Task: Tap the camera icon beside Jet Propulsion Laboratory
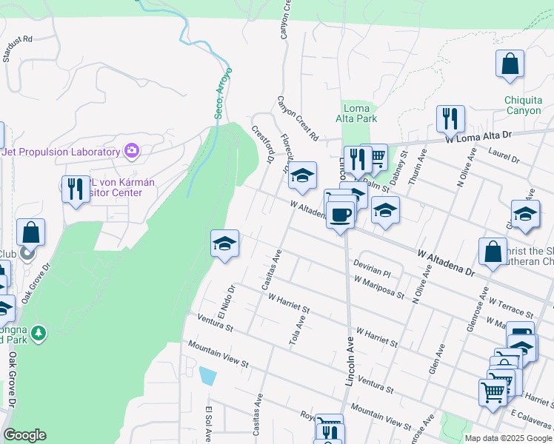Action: click(132, 152)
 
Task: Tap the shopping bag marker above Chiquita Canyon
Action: click(510, 64)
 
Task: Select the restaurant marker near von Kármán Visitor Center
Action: click(75, 189)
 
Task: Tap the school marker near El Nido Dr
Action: click(224, 243)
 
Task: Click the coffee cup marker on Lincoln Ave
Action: click(340, 216)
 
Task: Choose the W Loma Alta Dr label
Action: click(478, 136)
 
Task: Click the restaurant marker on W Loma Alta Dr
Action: click(450, 118)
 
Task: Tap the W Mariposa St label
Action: click(378, 287)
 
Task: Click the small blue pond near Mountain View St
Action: click(208, 376)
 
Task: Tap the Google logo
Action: click(24, 435)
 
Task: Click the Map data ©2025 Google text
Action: click(508, 437)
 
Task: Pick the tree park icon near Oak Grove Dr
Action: click(39, 334)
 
